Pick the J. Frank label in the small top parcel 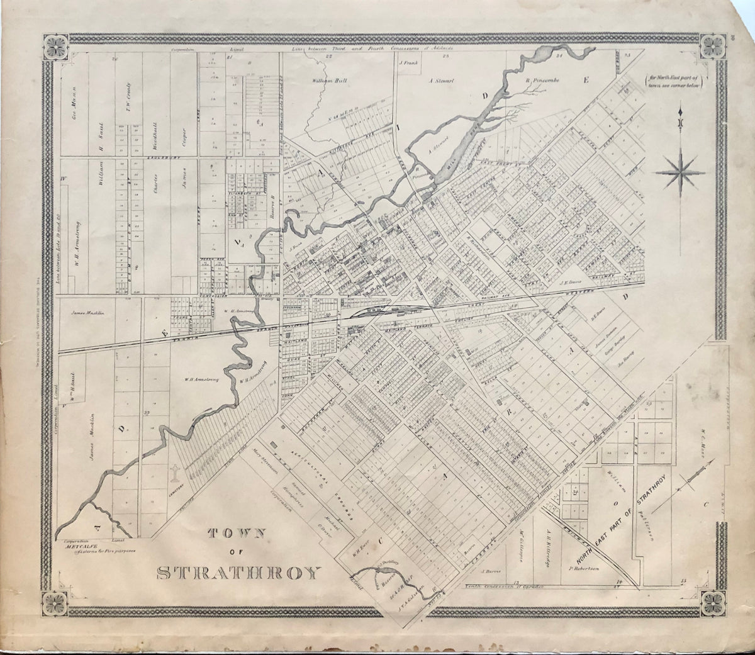click(409, 63)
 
